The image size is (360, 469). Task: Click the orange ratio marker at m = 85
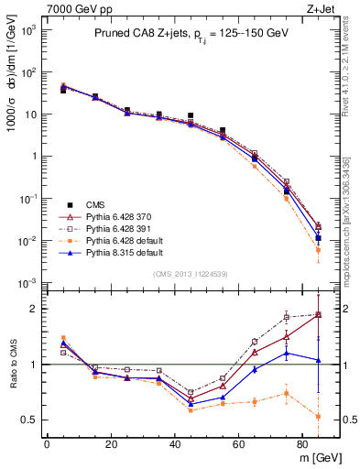coord(318,417)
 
